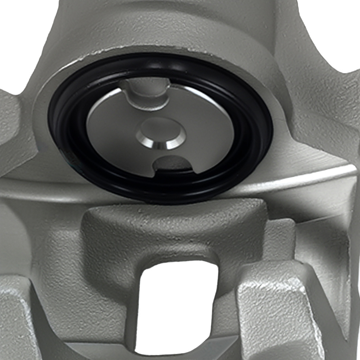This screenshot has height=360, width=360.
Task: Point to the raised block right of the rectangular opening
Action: coord(274,306)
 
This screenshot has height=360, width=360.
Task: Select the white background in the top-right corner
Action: coord(338,29)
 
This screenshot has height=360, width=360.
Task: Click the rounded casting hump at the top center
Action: coord(173,18)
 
